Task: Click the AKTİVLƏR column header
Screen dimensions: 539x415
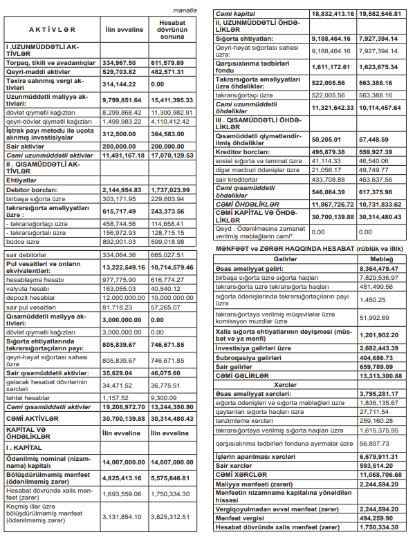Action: [x=52, y=30]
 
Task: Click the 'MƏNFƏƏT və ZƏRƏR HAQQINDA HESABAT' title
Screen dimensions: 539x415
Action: [x=308, y=247]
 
